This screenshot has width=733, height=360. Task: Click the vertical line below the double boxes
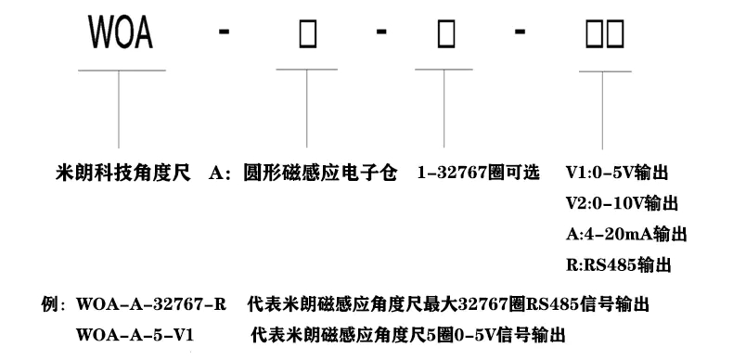click(x=604, y=107)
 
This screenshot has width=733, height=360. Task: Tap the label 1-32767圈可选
click(x=470, y=174)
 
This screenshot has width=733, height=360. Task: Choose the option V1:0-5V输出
click(x=617, y=174)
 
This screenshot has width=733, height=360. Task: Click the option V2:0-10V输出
click(x=621, y=203)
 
